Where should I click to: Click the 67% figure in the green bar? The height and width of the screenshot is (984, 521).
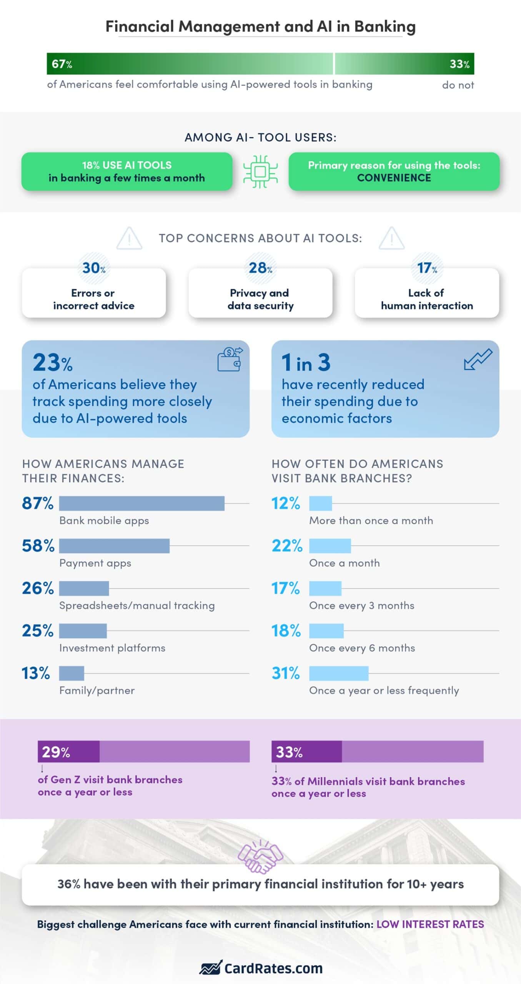[62, 64]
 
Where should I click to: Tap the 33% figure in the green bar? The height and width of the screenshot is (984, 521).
[459, 64]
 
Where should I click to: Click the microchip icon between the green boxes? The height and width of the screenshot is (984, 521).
[260, 172]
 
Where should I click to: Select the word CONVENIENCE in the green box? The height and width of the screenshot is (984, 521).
[394, 178]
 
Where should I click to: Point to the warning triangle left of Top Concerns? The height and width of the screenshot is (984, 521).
[129, 239]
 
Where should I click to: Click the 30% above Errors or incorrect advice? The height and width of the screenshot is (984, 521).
[94, 268]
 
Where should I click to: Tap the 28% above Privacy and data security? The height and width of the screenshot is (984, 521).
[260, 268]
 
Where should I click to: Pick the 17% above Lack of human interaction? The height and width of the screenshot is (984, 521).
[427, 268]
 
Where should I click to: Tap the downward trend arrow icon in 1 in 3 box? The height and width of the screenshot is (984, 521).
[478, 359]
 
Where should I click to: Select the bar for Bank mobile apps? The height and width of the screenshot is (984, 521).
[141, 503]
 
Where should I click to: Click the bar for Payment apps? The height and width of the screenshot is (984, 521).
[114, 546]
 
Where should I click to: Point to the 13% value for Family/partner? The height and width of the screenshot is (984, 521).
[36, 673]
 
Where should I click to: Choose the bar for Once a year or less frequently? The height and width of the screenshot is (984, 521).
[338, 673]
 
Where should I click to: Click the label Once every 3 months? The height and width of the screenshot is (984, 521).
[361, 606]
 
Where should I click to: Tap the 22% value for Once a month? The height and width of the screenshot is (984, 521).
[287, 546]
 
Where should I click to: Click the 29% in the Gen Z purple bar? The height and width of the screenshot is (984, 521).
[56, 752]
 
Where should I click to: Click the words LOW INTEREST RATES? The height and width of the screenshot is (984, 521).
[430, 924]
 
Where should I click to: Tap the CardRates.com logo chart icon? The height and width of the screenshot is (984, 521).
[211, 967]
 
